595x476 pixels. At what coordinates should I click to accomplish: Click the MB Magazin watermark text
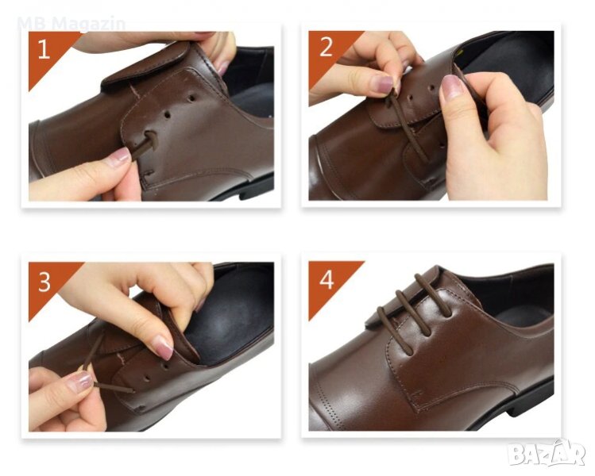(71, 24)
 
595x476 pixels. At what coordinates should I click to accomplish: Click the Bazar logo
(547, 453)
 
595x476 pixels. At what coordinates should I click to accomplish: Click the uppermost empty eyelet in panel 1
(191, 98)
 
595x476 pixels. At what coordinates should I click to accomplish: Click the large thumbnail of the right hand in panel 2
(451, 87)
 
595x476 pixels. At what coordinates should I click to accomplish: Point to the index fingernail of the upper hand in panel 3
(162, 347)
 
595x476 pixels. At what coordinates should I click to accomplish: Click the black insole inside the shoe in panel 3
(230, 314)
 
